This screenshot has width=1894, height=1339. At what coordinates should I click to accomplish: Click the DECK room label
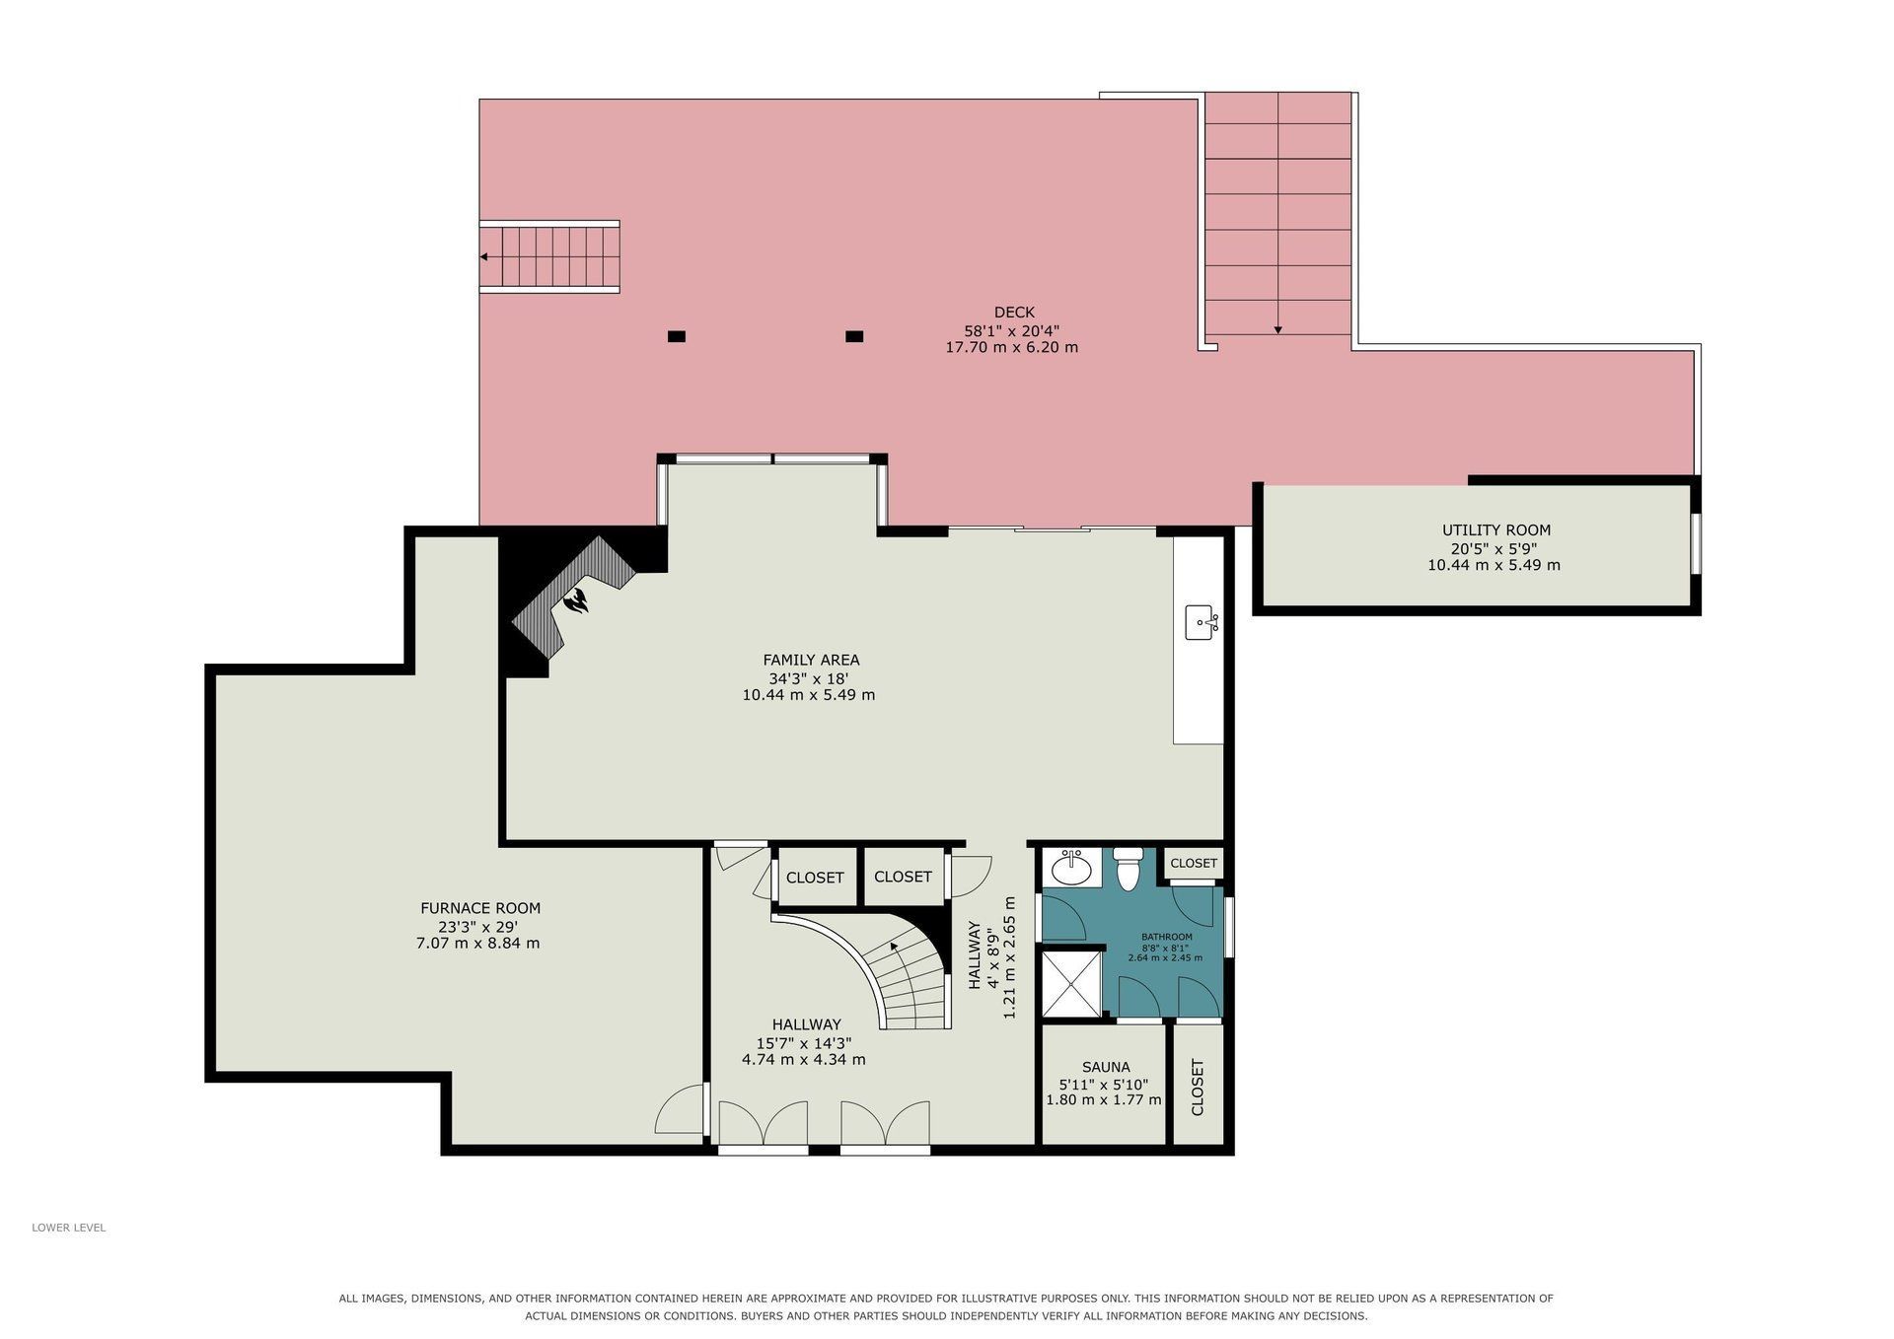pos(1014,313)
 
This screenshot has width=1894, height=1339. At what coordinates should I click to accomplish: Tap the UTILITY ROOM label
pos(1495,530)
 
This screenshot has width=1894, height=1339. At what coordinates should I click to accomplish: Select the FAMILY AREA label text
pos(811,660)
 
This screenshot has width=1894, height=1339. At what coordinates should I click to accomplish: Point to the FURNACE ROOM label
pos(480,908)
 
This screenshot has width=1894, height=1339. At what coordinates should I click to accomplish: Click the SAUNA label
pos(1106,1067)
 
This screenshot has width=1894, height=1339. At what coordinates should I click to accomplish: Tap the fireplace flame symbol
pos(577,599)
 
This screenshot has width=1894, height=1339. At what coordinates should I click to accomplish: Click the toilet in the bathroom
pos(1127,869)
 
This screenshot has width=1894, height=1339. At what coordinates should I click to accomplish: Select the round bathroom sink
pos(1071,869)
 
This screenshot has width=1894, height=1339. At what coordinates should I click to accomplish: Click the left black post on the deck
pos(676,336)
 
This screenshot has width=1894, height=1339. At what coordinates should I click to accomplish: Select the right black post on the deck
pos(854,336)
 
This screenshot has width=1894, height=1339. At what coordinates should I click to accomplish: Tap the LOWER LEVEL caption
pos(68,1228)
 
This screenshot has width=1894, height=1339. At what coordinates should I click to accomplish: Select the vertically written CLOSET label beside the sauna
pos(1198,1088)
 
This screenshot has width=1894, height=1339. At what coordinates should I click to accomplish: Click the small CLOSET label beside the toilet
pos(1194,863)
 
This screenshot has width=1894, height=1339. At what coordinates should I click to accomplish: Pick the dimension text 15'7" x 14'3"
pos(804,1042)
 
